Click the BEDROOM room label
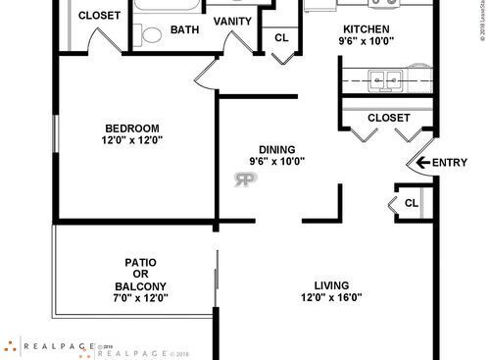click(x=132, y=128)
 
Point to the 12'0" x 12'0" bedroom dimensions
click(x=132, y=140)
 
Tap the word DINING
click(x=277, y=149)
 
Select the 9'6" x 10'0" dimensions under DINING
click(x=277, y=162)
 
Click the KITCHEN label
click(x=366, y=29)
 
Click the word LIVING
click(x=324, y=284)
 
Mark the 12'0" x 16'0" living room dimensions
click(x=324, y=297)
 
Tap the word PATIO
click(x=141, y=262)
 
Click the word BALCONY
click(x=141, y=286)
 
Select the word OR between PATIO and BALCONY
click(x=141, y=275)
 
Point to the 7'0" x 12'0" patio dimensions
click(x=141, y=298)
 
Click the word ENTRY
click(x=450, y=163)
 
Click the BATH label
click(x=184, y=29)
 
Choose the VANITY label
click(x=231, y=22)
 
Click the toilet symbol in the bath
click(x=150, y=35)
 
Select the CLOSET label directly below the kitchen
click(x=389, y=118)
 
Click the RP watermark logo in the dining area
click(x=244, y=179)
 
